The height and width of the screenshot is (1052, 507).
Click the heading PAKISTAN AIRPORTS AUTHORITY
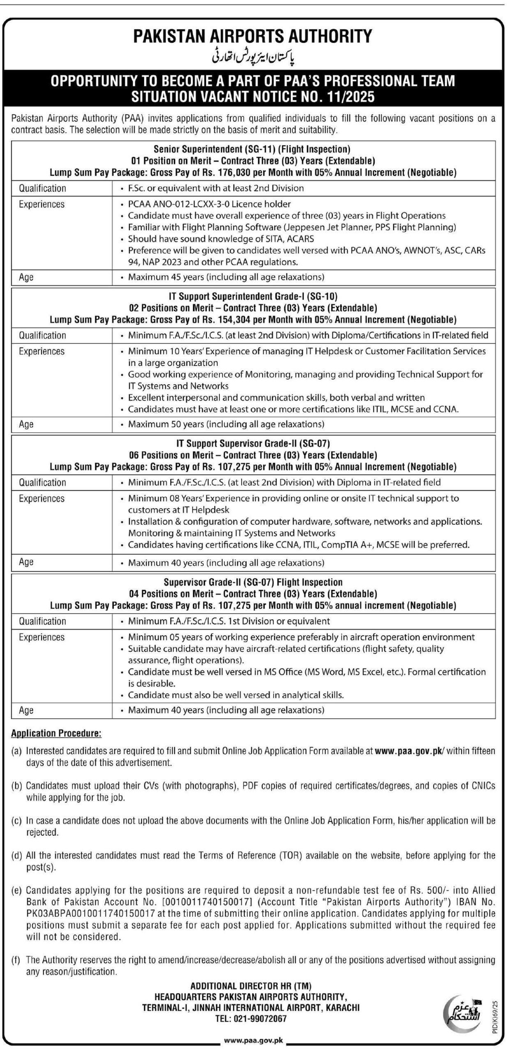(253, 36)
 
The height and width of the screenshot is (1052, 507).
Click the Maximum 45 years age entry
(226, 277)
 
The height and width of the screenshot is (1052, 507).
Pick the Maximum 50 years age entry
(226, 424)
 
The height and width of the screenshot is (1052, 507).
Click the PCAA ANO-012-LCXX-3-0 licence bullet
(210, 204)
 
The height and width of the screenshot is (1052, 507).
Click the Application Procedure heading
(56, 733)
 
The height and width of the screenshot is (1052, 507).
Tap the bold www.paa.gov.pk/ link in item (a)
(409, 751)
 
